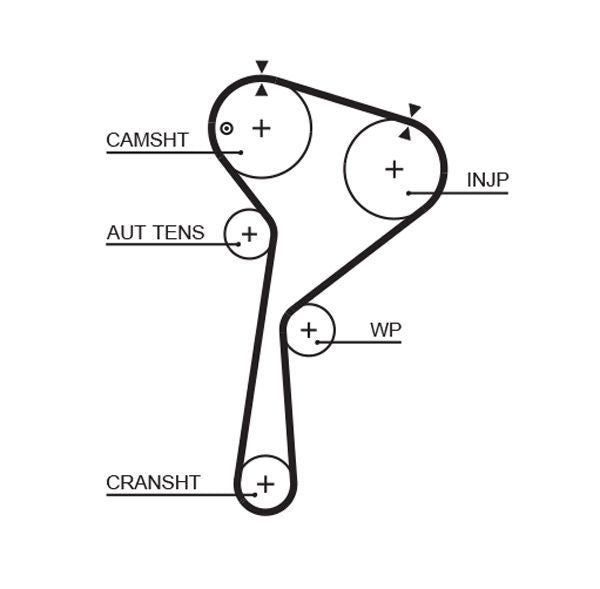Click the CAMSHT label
click(x=147, y=140)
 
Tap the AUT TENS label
click(x=155, y=233)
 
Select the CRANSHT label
click(x=153, y=483)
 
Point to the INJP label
click(x=488, y=180)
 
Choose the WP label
click(x=385, y=329)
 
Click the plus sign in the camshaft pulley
click(x=261, y=128)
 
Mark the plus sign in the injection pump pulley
click(x=394, y=169)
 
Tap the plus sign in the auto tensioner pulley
click(x=249, y=234)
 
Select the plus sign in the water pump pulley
click(x=308, y=330)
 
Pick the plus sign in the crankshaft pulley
click(x=265, y=485)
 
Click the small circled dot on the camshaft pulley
click(x=227, y=128)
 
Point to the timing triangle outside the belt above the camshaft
click(x=262, y=67)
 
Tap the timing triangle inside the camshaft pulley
click(x=262, y=90)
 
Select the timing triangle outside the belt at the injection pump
click(x=414, y=110)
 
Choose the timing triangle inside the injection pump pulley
click(x=405, y=132)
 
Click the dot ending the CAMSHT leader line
click(x=240, y=152)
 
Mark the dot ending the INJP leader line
click(x=409, y=192)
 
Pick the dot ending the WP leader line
click(x=317, y=342)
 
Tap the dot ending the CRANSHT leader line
click(x=240, y=494)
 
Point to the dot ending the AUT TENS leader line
click(x=238, y=244)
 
